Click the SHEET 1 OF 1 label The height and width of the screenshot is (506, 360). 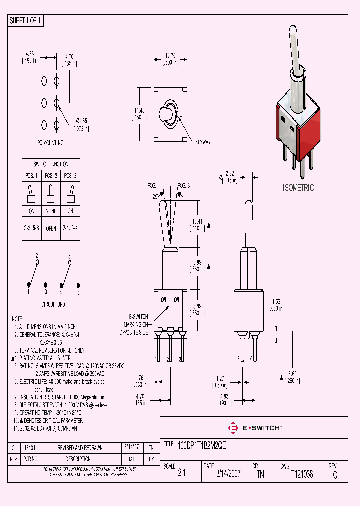[x=26, y=20]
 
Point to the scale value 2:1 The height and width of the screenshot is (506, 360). [x=181, y=474]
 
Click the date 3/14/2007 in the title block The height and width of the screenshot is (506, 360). [x=228, y=474]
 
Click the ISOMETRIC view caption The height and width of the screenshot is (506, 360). [x=298, y=188]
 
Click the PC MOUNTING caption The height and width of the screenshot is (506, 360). [x=51, y=143]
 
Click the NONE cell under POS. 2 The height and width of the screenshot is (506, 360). [x=51, y=211]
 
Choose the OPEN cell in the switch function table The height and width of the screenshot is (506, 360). [x=51, y=228]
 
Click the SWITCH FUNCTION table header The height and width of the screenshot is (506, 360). [x=51, y=164]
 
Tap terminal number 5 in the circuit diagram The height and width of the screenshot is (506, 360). [x=70, y=255]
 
